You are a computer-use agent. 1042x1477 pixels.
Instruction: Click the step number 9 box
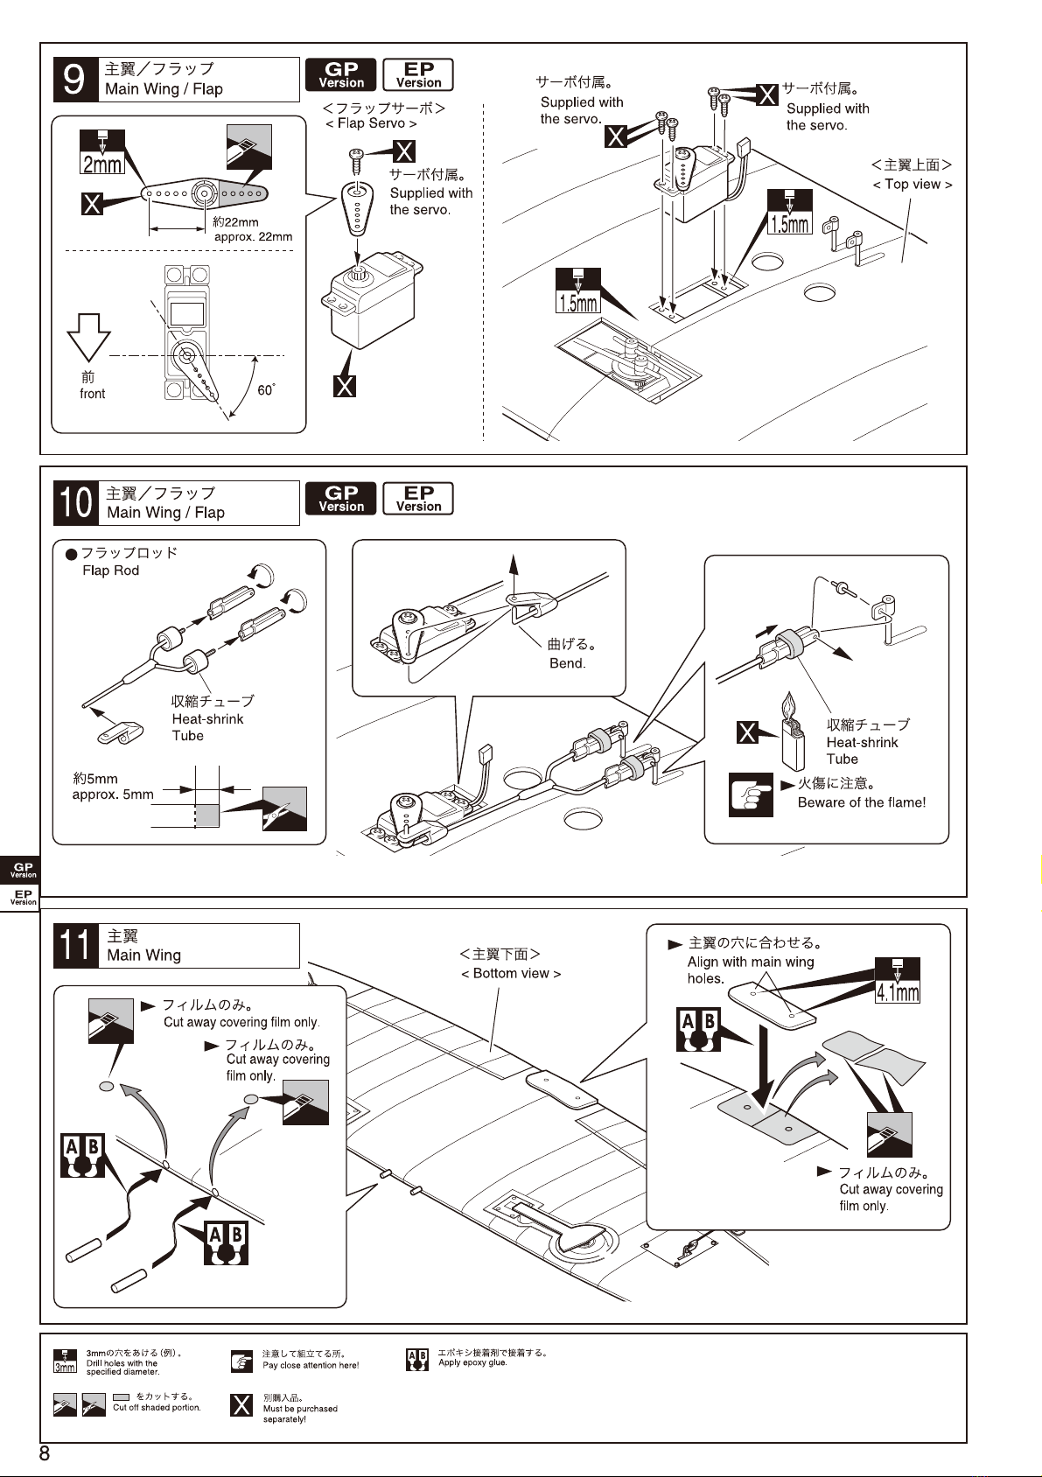click(x=74, y=79)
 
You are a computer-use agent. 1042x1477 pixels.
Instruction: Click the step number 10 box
click(x=75, y=503)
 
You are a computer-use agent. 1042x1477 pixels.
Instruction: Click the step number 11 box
click(x=76, y=946)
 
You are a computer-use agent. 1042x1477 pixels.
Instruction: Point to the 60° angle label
click(x=267, y=389)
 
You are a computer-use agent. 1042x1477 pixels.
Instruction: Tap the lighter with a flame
click(x=792, y=731)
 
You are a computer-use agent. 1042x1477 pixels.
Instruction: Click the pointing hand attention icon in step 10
click(x=751, y=795)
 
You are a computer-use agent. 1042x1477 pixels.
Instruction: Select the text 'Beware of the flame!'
click(x=861, y=802)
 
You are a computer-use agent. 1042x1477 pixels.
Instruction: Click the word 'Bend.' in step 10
click(x=567, y=663)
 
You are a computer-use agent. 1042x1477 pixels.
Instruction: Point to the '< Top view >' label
click(x=913, y=185)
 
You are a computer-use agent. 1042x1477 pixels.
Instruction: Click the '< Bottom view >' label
click(x=510, y=973)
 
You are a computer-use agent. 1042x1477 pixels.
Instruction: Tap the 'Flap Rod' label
click(x=111, y=570)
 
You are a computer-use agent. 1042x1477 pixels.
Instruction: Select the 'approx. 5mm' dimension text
click(x=113, y=794)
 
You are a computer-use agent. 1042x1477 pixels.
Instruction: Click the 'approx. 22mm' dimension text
click(x=253, y=237)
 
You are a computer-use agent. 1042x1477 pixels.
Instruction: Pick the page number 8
click(x=45, y=1453)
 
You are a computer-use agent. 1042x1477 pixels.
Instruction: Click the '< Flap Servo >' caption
click(x=371, y=123)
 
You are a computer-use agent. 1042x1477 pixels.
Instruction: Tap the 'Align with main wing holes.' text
click(x=751, y=970)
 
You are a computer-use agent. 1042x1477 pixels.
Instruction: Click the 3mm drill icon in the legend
click(x=65, y=1361)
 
